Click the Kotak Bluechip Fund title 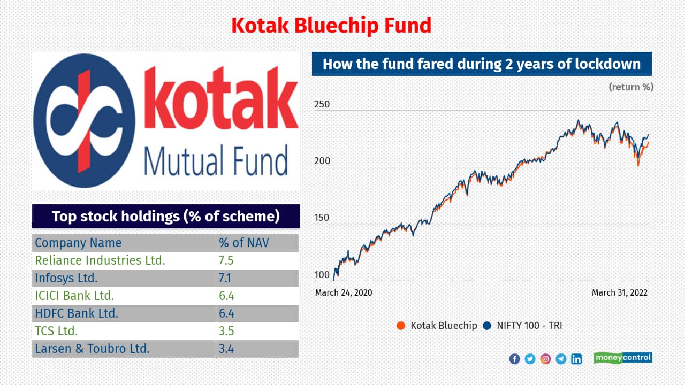click(331, 25)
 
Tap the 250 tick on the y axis click(322, 104)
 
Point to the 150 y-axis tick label click(322, 218)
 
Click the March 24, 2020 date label click(344, 292)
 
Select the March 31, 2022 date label click(620, 292)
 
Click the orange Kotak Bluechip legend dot click(401, 326)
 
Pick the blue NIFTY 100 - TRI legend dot click(487, 326)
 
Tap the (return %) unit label click(631, 87)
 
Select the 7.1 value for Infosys click(225, 278)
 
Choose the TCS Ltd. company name click(56, 331)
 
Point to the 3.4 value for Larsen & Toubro click(226, 349)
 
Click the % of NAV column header click(243, 243)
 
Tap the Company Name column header click(78, 243)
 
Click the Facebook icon click(514, 359)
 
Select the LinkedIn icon click(576, 359)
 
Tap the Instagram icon click(545, 359)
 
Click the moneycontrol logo click(623, 358)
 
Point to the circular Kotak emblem click(84, 121)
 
